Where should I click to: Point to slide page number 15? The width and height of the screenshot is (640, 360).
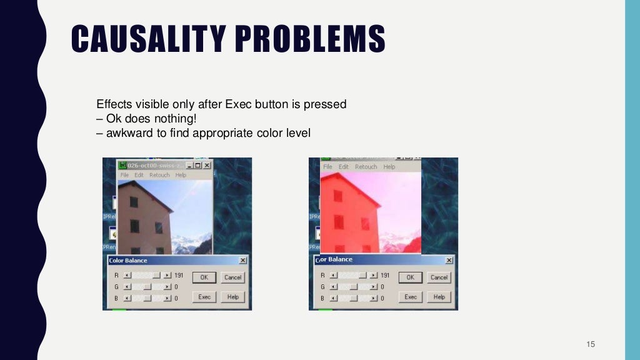click(x=591, y=344)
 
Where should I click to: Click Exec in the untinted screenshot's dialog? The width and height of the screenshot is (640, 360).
click(x=204, y=297)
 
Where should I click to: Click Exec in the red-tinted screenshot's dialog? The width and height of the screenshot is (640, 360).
click(x=411, y=297)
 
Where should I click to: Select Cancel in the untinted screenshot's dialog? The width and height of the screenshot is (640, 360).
click(x=232, y=277)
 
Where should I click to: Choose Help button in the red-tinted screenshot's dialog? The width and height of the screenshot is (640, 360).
click(x=439, y=297)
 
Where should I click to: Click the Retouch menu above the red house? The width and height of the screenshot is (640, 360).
click(x=366, y=167)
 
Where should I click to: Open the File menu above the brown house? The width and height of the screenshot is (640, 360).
click(x=124, y=175)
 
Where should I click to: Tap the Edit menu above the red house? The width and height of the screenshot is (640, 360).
click(x=344, y=167)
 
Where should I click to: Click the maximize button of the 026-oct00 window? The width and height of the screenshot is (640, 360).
click(x=198, y=166)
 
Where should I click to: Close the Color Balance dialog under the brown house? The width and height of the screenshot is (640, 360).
click(x=242, y=261)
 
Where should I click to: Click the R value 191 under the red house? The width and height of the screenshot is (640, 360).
click(x=385, y=275)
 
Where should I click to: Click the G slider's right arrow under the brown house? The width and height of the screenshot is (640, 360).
click(x=167, y=287)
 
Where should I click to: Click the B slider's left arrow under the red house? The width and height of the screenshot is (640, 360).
click(x=333, y=298)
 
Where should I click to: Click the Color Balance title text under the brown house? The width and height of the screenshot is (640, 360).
click(x=128, y=261)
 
